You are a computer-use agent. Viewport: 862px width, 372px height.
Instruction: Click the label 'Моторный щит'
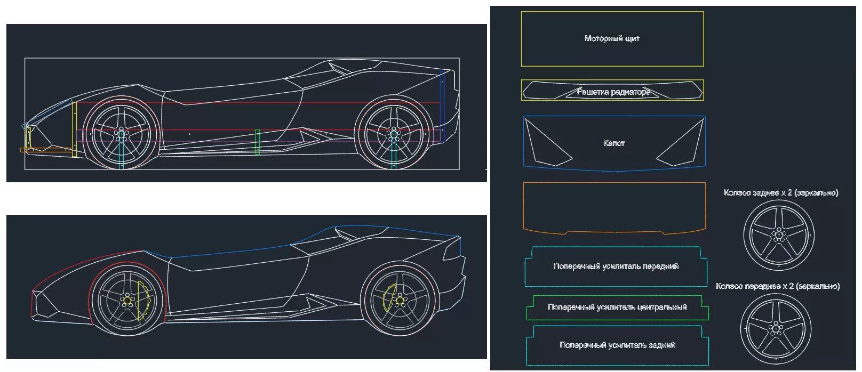pos(612,38)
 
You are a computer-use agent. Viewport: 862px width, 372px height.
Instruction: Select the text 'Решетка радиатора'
pos(614,92)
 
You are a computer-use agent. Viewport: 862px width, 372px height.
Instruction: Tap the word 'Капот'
pos(614,143)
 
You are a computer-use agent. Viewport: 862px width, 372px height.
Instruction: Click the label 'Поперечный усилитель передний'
pos(616,266)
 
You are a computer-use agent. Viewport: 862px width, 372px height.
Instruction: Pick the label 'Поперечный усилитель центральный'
pos(617,308)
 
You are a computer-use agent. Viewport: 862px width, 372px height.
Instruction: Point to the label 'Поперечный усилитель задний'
pos(617,345)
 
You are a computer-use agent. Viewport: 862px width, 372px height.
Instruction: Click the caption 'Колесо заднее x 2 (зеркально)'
pos(781,192)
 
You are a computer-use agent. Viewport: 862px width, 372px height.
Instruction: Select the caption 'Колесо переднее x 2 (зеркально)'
pos(778,286)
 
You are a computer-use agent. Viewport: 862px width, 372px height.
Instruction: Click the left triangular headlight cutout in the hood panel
pos(546,143)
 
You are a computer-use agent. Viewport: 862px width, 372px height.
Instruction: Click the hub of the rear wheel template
pos(779,235)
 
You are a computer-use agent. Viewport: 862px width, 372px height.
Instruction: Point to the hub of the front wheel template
pos(776,328)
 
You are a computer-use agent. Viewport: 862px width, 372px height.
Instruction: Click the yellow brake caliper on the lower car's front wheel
pos(143,301)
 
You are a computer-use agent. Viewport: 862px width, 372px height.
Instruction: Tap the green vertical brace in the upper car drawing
pos(258,142)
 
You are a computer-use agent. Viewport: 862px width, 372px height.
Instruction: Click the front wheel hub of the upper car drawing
pos(121,134)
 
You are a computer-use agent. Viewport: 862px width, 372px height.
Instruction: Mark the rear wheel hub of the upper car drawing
pos(393,134)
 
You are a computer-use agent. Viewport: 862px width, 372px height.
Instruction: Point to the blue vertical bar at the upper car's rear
pos(442,106)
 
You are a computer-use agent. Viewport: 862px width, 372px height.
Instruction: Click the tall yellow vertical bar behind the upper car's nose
pos(74,129)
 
